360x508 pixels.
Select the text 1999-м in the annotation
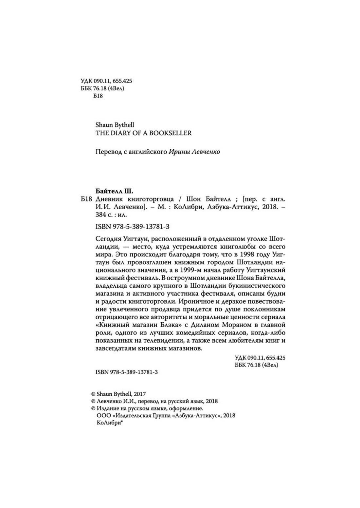(x=202, y=271)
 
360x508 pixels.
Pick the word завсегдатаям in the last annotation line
(x=113, y=349)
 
